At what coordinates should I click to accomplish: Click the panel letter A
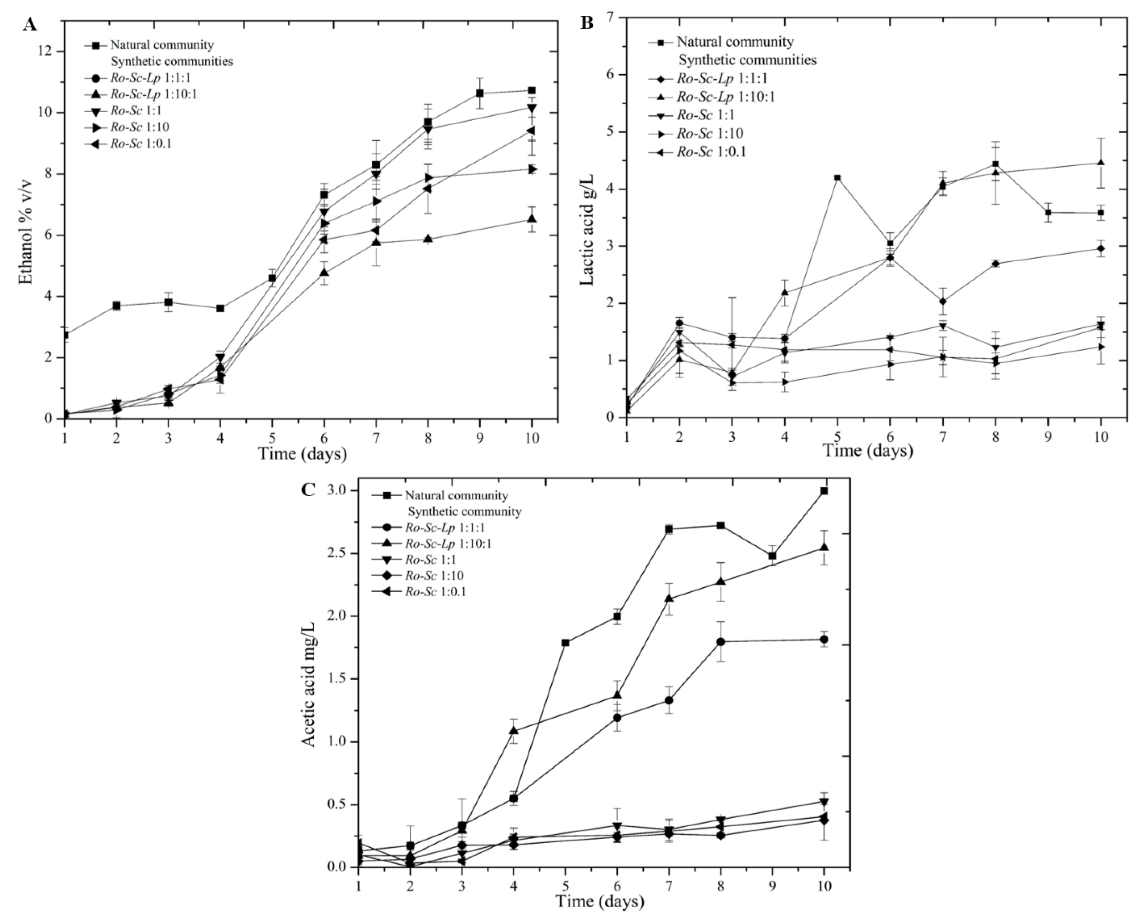pyautogui.click(x=30, y=24)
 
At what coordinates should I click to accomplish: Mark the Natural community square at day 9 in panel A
pyautogui.click(x=480, y=93)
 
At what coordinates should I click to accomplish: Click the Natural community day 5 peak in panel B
pyautogui.click(x=837, y=178)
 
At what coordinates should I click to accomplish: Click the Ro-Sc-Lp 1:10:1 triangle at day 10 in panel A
pyautogui.click(x=532, y=219)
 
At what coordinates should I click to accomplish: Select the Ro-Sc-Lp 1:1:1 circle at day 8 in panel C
pyautogui.click(x=720, y=642)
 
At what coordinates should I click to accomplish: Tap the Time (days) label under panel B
pyautogui.click(x=868, y=451)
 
